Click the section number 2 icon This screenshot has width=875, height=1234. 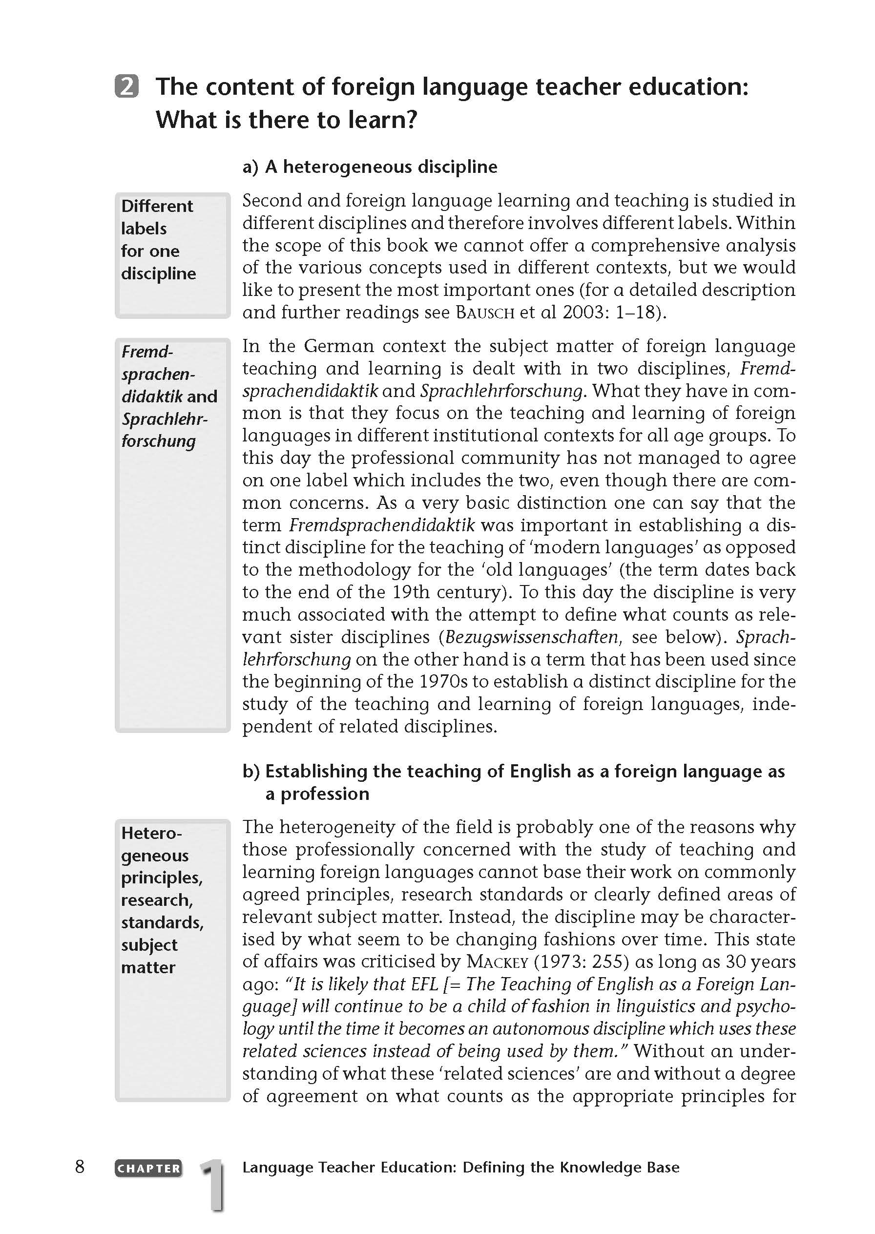pyautogui.click(x=126, y=86)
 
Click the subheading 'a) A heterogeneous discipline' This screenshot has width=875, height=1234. pyautogui.click(x=370, y=167)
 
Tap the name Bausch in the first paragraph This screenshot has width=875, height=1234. pyautogui.click(x=485, y=313)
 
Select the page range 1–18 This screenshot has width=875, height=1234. pyautogui.click(x=633, y=313)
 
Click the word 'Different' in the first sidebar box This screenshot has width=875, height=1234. pyautogui.click(x=157, y=206)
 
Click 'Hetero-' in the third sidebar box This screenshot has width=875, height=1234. pyautogui.click(x=151, y=833)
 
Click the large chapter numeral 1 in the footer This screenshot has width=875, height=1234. pyautogui.click(x=213, y=1183)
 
